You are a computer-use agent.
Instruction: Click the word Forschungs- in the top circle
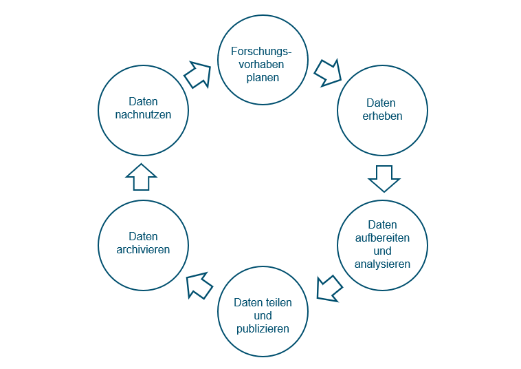[x=263, y=52]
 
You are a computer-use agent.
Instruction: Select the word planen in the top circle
[x=263, y=78]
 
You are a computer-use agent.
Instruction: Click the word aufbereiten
[x=382, y=238]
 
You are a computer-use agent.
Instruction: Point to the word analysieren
[x=382, y=264]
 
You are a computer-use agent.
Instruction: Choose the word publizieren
[x=263, y=328]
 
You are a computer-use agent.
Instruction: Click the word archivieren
[x=144, y=249]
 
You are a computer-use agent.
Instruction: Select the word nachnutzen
[x=144, y=114]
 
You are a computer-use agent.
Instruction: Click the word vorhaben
[x=263, y=65]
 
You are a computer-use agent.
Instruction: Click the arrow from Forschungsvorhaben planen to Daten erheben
[x=328, y=72]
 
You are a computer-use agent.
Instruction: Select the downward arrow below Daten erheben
[x=384, y=178]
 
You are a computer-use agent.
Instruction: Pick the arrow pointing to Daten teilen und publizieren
[x=329, y=288]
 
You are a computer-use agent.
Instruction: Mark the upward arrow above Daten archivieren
[x=142, y=177]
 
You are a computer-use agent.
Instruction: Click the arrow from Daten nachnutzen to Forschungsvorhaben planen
[x=198, y=74]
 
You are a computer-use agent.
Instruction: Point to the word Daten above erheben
[x=382, y=103]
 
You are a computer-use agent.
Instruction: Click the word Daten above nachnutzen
[x=144, y=101]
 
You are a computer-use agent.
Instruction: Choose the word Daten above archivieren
[x=144, y=236]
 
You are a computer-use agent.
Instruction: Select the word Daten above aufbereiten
[x=382, y=224]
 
